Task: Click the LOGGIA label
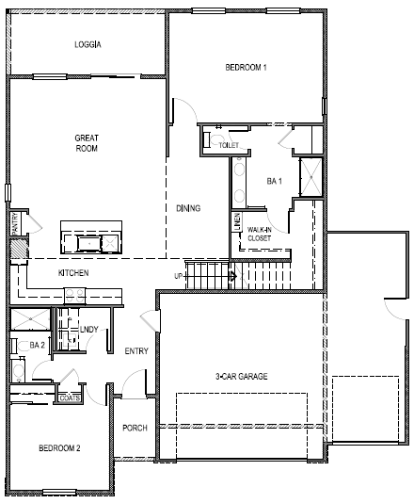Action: point(88,44)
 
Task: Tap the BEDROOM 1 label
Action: point(247,68)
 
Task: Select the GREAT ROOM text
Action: point(87,143)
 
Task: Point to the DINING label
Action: point(188,208)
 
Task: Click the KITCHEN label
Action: point(73,272)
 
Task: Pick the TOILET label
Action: point(229,145)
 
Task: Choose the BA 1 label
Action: point(274,180)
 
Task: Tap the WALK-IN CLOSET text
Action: point(260,234)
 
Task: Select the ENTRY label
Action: point(136,351)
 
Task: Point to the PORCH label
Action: point(135,428)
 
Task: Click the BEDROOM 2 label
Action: point(58,447)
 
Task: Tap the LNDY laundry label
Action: point(90,329)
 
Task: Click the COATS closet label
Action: point(70,398)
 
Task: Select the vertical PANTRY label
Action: point(15,224)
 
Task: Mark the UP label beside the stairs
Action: point(179,276)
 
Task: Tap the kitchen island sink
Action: point(90,244)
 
